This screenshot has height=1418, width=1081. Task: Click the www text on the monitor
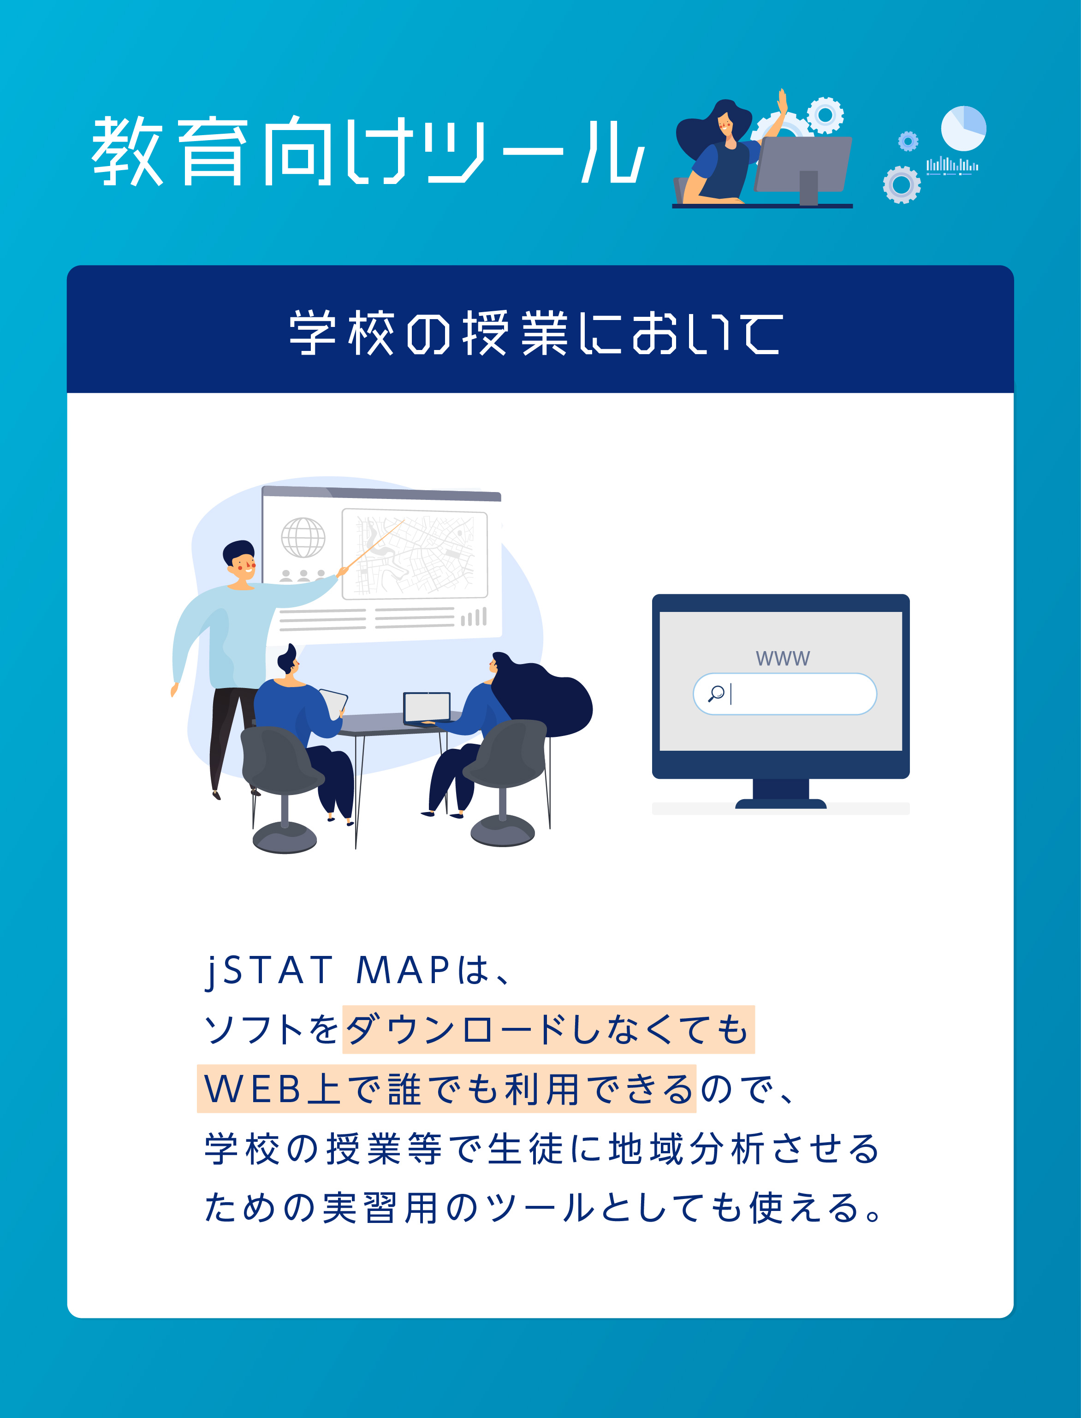(x=783, y=658)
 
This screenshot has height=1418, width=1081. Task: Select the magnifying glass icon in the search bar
(x=716, y=693)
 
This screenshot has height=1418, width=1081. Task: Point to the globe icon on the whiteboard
(x=303, y=537)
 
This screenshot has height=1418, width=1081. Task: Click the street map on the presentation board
(x=415, y=553)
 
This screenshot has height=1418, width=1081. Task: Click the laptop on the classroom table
(x=427, y=709)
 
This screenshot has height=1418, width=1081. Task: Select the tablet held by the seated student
(x=333, y=703)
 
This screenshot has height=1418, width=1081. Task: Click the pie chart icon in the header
(x=963, y=128)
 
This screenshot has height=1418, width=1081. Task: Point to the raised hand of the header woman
(x=783, y=101)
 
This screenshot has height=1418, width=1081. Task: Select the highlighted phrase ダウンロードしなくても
(x=548, y=1029)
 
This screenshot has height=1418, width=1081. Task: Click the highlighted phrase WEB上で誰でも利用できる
(x=446, y=1089)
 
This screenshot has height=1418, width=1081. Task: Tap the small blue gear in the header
(x=908, y=141)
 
